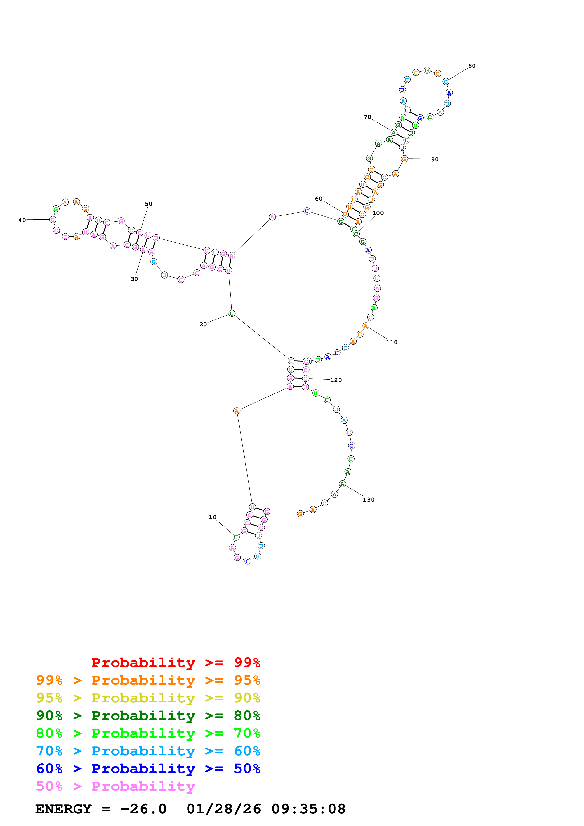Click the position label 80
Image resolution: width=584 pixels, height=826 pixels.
tap(471, 66)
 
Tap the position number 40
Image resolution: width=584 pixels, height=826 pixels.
tap(22, 220)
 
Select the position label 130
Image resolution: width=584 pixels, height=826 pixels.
tap(368, 500)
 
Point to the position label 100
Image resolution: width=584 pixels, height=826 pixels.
tap(378, 213)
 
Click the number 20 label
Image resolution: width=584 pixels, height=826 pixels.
tap(203, 324)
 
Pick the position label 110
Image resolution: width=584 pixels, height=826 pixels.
tap(392, 343)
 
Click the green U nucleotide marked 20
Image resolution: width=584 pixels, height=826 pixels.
tap(232, 314)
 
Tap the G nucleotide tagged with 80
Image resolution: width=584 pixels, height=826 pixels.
tap(446, 82)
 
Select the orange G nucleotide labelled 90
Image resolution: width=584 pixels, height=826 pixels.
tap(404, 159)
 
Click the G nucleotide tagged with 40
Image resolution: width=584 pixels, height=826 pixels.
tap(53, 219)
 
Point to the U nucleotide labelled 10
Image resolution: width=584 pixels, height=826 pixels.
tap(236, 537)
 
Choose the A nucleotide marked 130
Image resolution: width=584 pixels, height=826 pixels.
tap(342, 484)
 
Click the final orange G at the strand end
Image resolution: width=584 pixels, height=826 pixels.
tap(300, 514)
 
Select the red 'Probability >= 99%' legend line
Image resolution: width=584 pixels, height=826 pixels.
tap(176, 663)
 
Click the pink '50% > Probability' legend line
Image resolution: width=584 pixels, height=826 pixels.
tap(115, 786)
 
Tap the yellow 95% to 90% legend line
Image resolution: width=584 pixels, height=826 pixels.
tap(148, 698)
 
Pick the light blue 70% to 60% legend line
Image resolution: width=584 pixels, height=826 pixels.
tap(148, 751)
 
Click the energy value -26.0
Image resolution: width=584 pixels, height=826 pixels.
tap(143, 809)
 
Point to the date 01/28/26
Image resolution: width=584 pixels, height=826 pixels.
tap(224, 809)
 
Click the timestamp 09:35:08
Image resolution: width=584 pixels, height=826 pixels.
tap(308, 809)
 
